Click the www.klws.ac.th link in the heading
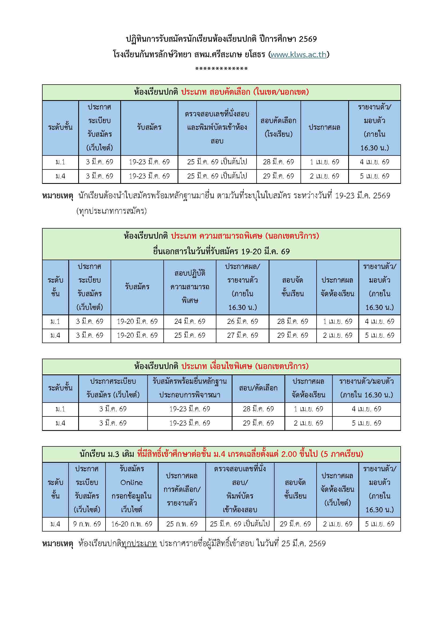298,55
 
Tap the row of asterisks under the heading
221,69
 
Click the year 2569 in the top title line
308,39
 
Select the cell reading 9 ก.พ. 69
87,524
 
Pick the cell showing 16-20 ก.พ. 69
132,524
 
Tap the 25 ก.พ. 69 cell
182,524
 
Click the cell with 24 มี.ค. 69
190,321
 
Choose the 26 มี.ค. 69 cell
242,321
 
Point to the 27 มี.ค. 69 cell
242,335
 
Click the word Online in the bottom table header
132,483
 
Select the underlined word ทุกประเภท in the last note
139,543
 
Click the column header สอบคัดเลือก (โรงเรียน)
278,127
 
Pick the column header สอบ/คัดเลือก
258,388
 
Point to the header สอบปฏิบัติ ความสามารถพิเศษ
190,287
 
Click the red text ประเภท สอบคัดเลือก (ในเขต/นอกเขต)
245,92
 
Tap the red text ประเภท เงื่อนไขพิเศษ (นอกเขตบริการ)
245,366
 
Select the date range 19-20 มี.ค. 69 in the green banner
265,251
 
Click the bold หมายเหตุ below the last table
58,543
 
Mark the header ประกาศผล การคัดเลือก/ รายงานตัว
182,490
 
